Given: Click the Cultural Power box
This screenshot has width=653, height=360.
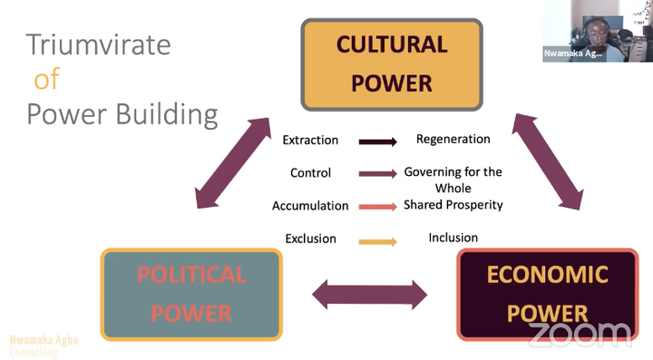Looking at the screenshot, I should (392, 63).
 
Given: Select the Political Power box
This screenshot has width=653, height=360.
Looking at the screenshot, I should (191, 294).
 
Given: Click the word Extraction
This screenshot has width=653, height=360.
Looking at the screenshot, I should (310, 141).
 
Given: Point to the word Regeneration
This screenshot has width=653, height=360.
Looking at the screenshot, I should (453, 140).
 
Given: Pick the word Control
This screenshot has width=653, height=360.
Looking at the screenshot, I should (310, 173).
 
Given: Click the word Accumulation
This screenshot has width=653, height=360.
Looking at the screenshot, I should (310, 206).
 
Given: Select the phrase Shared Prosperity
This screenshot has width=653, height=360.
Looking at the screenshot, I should (453, 205).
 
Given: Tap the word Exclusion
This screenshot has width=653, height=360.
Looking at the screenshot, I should (310, 239).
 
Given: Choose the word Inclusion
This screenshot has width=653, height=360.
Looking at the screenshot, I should (453, 238).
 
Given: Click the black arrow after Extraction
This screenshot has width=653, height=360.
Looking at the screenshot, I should (378, 141).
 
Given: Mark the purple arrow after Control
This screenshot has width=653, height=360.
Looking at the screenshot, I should (378, 174).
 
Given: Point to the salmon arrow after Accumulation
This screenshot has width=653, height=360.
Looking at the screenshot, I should (378, 207).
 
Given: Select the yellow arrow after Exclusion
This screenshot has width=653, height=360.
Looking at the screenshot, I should (378, 241).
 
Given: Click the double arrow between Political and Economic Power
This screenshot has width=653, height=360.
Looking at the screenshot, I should (369, 294).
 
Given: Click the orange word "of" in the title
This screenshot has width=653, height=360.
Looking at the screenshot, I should (46, 80).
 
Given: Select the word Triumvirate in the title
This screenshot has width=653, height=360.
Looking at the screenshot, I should (98, 44).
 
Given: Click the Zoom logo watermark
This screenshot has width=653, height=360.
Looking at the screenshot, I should (580, 335).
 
